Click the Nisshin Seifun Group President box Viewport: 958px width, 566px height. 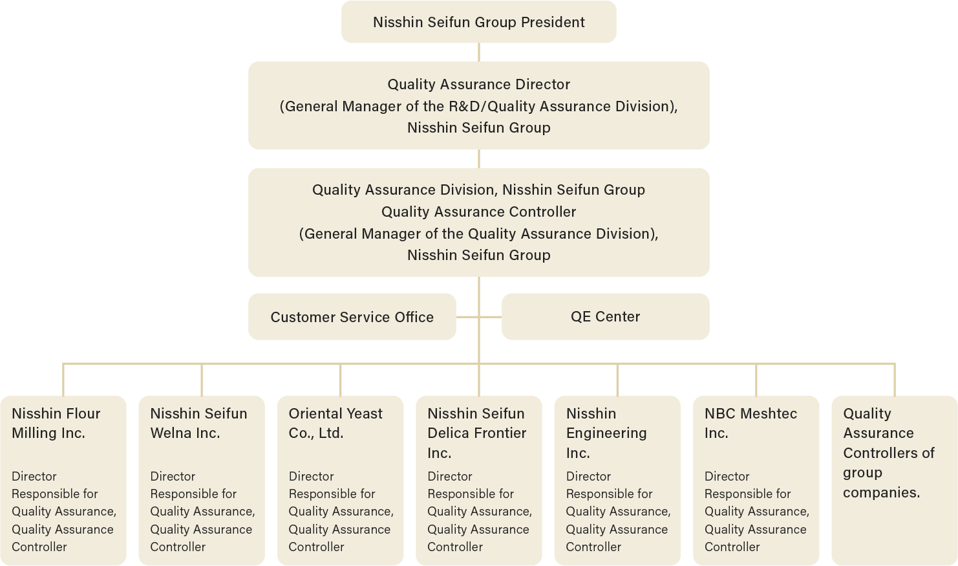[478, 22]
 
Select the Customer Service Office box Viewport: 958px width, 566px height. [352, 317]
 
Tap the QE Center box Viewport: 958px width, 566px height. [605, 316]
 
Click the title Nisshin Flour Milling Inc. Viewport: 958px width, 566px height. [56, 423]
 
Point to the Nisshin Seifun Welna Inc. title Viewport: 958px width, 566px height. [198, 423]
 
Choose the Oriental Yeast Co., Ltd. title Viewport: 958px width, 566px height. [335, 423]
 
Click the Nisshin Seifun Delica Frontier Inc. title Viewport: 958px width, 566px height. [476, 433]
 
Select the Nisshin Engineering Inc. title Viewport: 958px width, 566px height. [606, 433]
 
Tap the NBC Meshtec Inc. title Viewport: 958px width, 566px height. [750, 423]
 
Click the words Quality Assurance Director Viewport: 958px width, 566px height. [478, 84]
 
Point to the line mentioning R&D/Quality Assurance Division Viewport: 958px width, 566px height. [478, 106]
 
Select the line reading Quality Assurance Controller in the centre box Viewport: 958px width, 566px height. [478, 212]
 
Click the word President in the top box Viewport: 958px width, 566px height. [553, 22]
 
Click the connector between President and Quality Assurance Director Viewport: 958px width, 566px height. [479, 52]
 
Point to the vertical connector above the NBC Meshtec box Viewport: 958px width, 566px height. [756, 380]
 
